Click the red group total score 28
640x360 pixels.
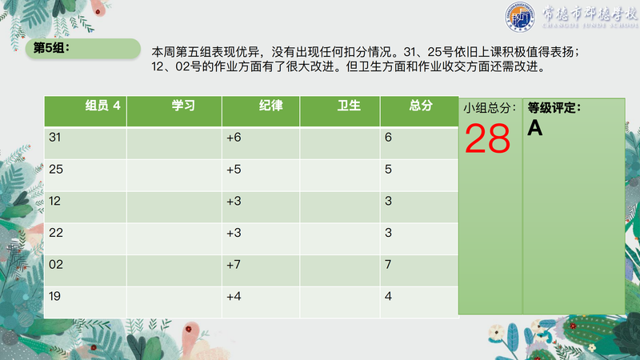(x=487, y=138)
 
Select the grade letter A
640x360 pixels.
(x=534, y=128)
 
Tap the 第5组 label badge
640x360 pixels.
(x=83, y=49)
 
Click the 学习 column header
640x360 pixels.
(x=183, y=106)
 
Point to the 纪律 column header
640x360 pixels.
(x=270, y=106)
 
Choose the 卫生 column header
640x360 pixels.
(x=349, y=106)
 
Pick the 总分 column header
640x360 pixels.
(x=421, y=106)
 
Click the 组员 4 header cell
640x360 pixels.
(x=103, y=106)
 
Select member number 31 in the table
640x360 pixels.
(x=54, y=137)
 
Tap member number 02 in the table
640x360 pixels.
(x=56, y=265)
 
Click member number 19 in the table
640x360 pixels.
(x=54, y=296)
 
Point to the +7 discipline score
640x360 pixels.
(x=234, y=265)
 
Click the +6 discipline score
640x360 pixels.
(x=234, y=137)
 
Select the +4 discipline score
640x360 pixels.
(x=234, y=296)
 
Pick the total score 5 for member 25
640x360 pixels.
(x=388, y=169)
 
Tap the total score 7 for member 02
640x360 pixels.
(x=388, y=265)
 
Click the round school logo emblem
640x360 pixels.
(x=519, y=17)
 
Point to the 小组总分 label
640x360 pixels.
(x=490, y=108)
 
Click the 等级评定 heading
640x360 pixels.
(x=554, y=108)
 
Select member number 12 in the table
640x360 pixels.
(x=54, y=201)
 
